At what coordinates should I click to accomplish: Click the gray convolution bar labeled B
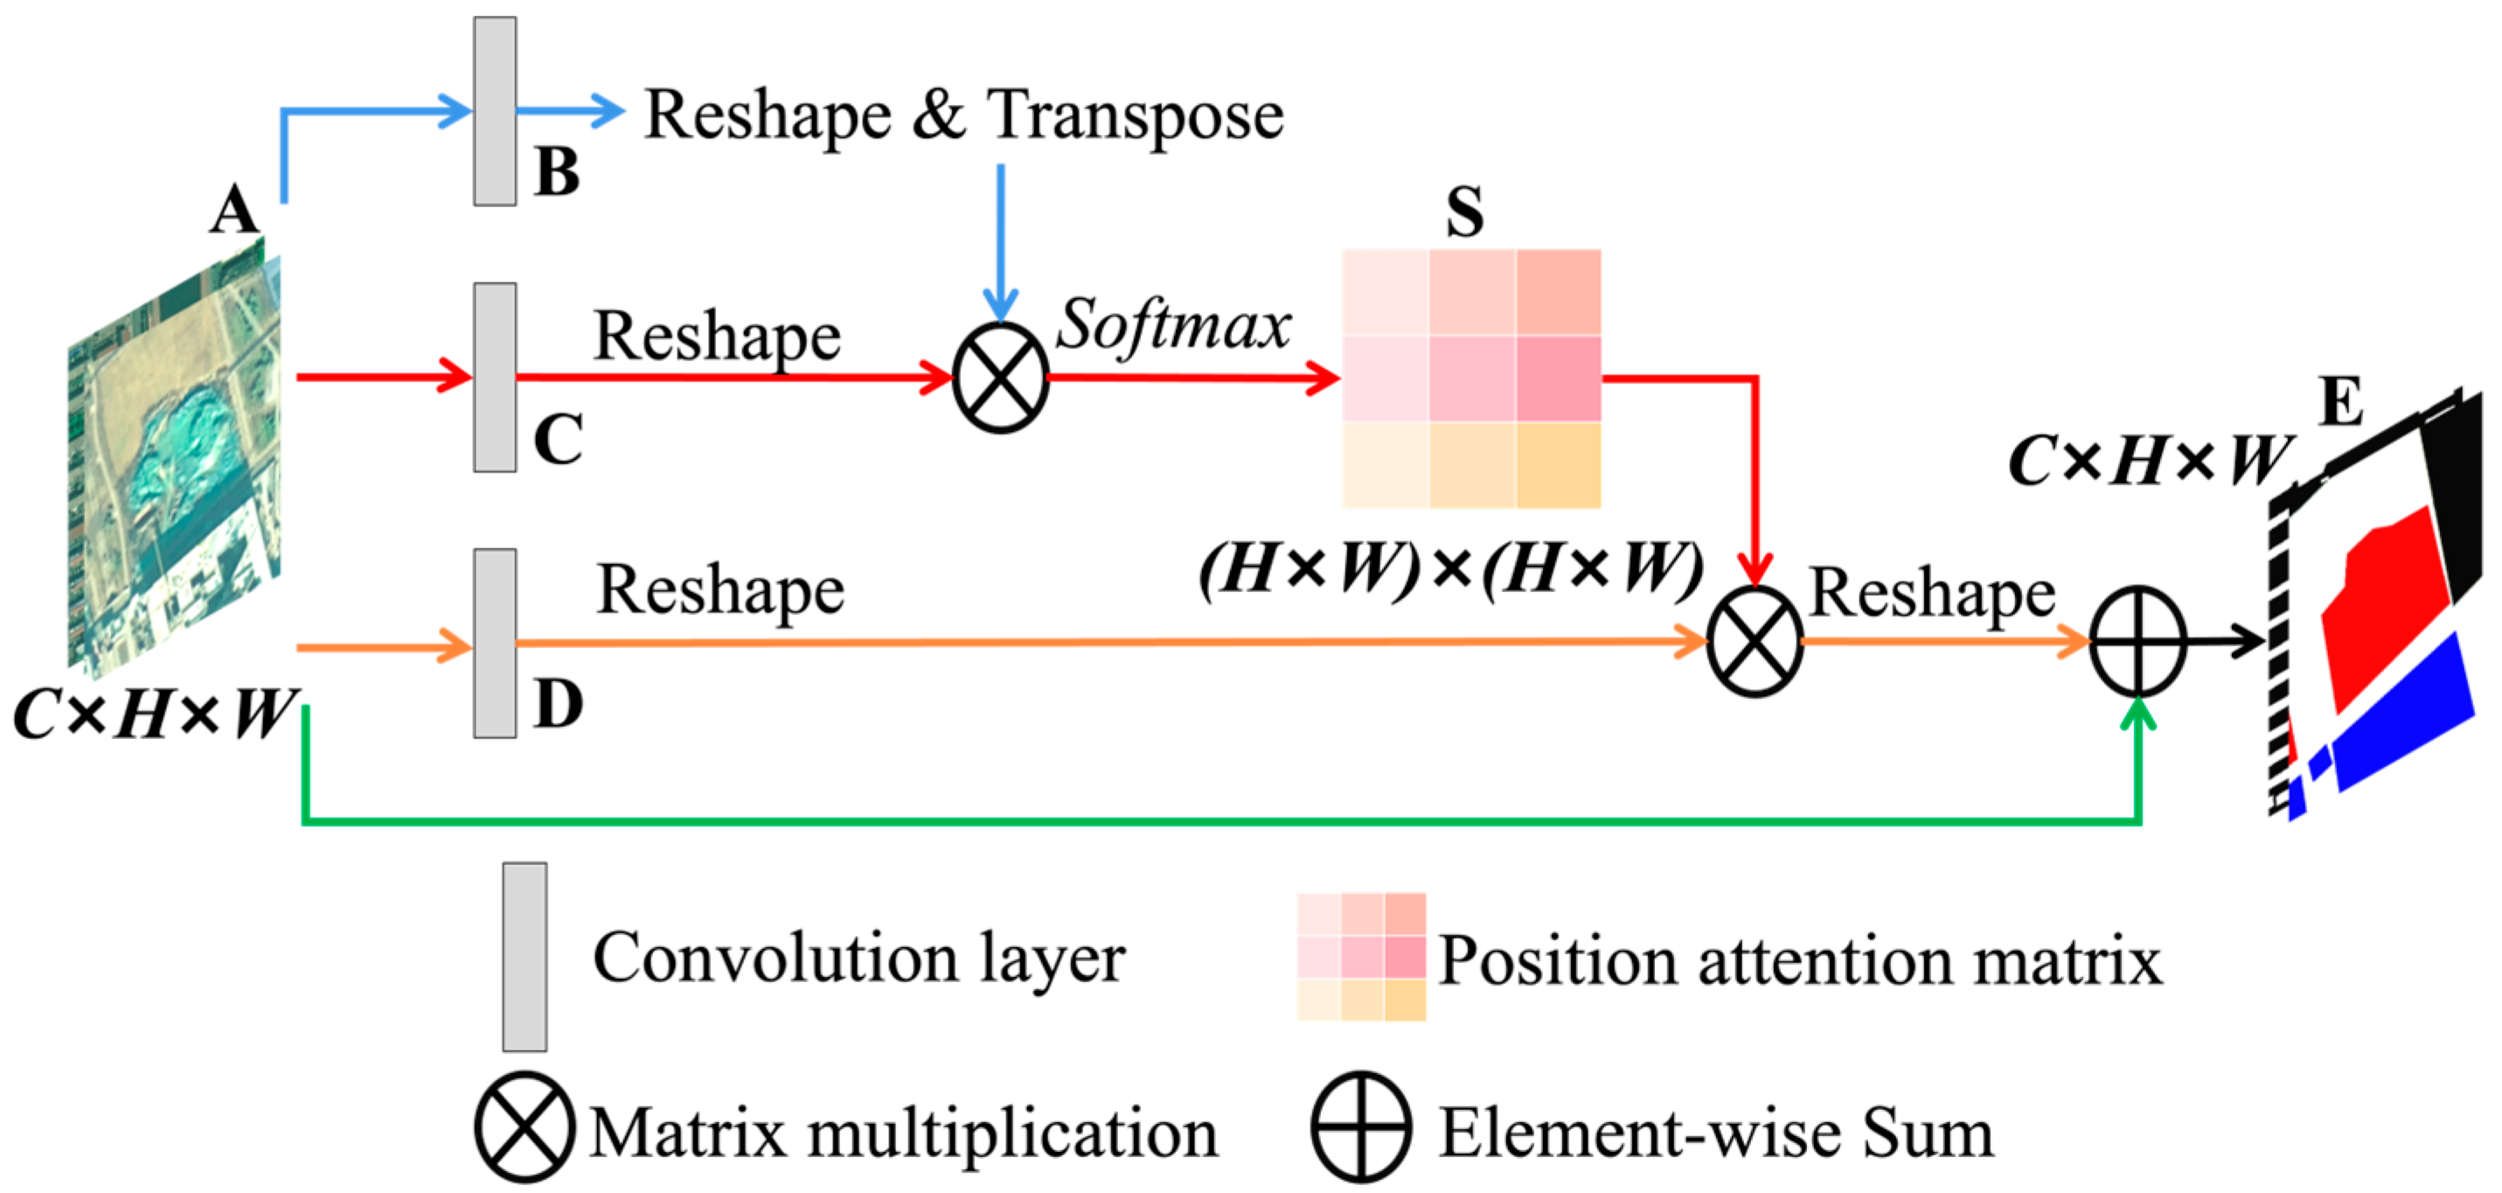click(x=495, y=111)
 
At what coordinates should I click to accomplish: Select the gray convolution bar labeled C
click(x=495, y=377)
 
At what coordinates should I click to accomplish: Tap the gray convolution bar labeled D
click(x=495, y=643)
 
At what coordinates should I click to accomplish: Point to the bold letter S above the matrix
click(x=1464, y=212)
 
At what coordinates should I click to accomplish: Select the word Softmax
click(x=1173, y=324)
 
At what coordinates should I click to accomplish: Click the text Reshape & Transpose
click(x=963, y=115)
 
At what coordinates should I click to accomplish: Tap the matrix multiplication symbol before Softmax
click(x=1000, y=378)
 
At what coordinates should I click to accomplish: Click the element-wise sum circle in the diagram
click(x=2137, y=641)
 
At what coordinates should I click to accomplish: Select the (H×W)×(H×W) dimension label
click(x=1451, y=569)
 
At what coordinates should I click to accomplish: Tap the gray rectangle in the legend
click(x=525, y=957)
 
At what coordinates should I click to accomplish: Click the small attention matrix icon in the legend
click(x=1361, y=957)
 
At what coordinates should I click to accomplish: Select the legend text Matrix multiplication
click(x=903, y=1133)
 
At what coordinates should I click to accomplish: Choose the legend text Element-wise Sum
click(x=1716, y=1133)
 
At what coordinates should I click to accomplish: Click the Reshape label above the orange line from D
click(x=719, y=590)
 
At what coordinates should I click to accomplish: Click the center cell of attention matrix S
click(x=1471, y=378)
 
